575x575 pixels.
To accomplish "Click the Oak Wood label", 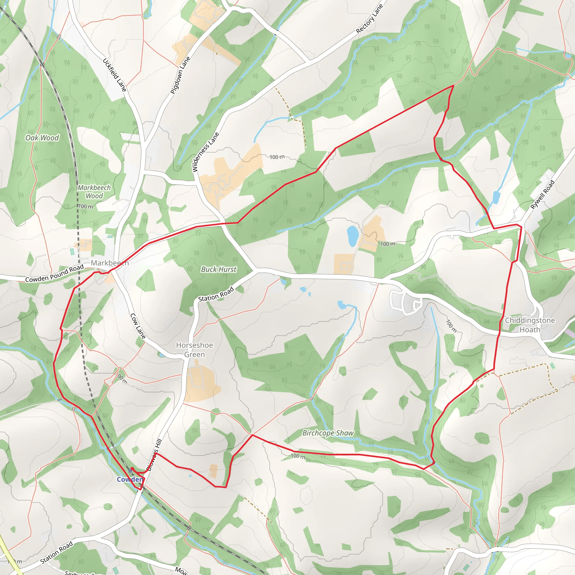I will pyautogui.click(x=42, y=138).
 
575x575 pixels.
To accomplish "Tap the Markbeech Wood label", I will pyautogui.click(x=94, y=192).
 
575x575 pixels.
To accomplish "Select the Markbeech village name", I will pyautogui.click(x=109, y=263).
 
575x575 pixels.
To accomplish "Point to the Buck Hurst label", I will pyautogui.click(x=219, y=269).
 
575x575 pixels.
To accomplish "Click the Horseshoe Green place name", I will pyautogui.click(x=194, y=350).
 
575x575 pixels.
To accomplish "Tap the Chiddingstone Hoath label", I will pyautogui.click(x=530, y=325).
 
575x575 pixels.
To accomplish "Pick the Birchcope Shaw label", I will pyautogui.click(x=328, y=433).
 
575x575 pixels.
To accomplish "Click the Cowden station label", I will pyautogui.click(x=130, y=479).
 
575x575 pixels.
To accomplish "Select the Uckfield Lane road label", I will pyautogui.click(x=115, y=75).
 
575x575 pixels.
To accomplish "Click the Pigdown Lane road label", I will pyautogui.click(x=180, y=75).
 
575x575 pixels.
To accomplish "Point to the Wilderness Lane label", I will pyautogui.click(x=206, y=152).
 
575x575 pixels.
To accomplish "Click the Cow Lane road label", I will pyautogui.click(x=138, y=326).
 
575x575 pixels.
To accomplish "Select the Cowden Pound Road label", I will pyautogui.click(x=54, y=273).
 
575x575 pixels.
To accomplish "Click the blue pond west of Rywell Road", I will pyautogui.click(x=496, y=198).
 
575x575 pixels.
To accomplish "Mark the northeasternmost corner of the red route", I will pyautogui.click(x=453, y=85).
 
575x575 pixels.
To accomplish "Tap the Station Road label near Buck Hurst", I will pyautogui.click(x=216, y=294).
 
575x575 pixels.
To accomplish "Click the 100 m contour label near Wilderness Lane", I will pyautogui.click(x=277, y=157).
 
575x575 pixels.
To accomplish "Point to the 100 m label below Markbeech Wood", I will pyautogui.click(x=86, y=206).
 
